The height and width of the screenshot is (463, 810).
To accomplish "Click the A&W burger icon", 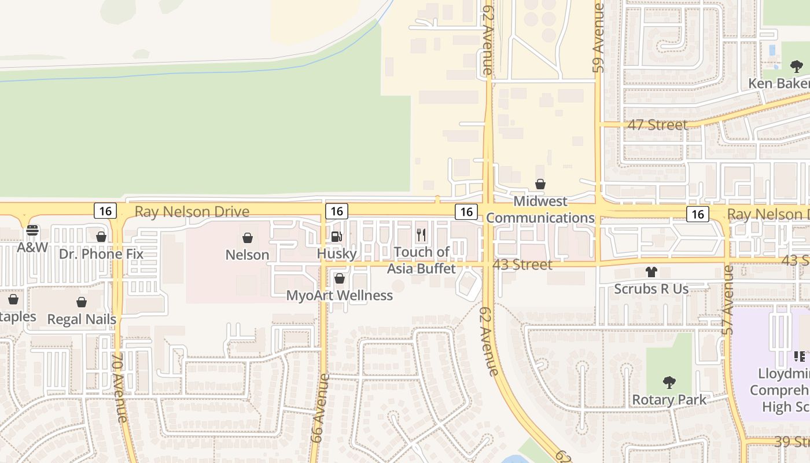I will tap(32, 230).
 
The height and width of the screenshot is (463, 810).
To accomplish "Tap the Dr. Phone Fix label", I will tap(101, 254).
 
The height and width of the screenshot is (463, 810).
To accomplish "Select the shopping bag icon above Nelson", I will tap(247, 238).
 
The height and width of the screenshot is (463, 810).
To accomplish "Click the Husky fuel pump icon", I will tap(337, 236).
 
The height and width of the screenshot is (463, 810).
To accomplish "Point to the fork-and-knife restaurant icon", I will tap(421, 235).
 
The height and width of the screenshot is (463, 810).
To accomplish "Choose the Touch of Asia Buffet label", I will tap(421, 260).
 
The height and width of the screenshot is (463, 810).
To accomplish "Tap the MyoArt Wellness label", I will tap(340, 296).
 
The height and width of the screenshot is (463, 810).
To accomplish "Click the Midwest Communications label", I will tap(540, 210).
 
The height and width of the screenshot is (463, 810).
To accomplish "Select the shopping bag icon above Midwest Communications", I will tap(540, 184).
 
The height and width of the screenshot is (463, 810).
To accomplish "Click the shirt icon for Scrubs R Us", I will tap(651, 272).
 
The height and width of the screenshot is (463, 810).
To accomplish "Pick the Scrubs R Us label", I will tap(651, 289).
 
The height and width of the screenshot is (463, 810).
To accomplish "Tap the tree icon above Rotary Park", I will tap(669, 383).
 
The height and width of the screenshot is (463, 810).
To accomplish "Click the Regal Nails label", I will tap(82, 319).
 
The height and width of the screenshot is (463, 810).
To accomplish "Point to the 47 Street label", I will tap(658, 124).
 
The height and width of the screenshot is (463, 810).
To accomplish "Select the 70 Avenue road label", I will tap(120, 388).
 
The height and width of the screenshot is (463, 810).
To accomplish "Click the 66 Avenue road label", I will tap(320, 408).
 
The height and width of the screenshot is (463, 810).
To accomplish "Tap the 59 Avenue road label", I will tap(599, 38).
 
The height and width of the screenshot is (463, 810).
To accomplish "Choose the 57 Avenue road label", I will tap(728, 300).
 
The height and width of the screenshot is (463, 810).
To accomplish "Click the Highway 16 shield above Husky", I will tap(336, 211).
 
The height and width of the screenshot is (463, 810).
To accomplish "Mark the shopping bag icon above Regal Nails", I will tap(82, 302).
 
